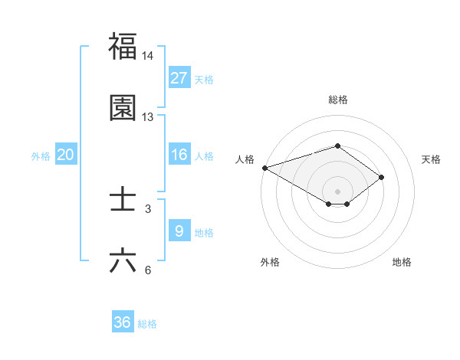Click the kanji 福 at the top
pyautogui.click(x=123, y=47)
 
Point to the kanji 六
pyautogui.click(x=123, y=260)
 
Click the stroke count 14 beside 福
pyautogui.click(x=148, y=56)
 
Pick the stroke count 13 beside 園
pyautogui.click(x=148, y=117)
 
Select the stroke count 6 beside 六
pyautogui.click(x=148, y=270)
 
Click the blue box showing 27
pyautogui.click(x=179, y=78)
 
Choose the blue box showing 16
pyautogui.click(x=179, y=155)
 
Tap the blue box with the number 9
pyautogui.click(x=179, y=231)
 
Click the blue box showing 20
pyautogui.click(x=66, y=155)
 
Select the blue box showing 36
pyautogui.click(x=123, y=323)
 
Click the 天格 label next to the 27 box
pyautogui.click(x=204, y=80)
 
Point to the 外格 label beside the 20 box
pyautogui.click(x=41, y=156)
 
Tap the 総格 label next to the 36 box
pyautogui.click(x=147, y=324)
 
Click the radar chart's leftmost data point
pyautogui.click(x=264, y=168)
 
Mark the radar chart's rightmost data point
pyautogui.click(x=382, y=178)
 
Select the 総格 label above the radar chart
pyautogui.click(x=337, y=100)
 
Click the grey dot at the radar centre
pyautogui.click(x=337, y=191)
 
